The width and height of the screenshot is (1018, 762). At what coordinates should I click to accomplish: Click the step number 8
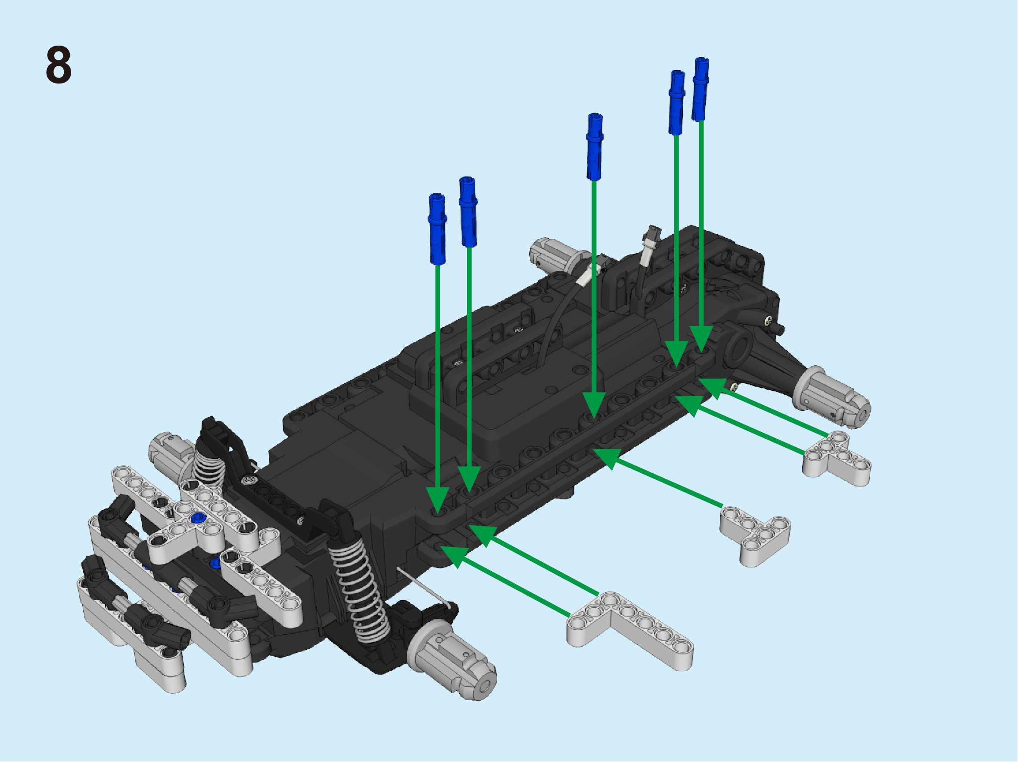pos(59,65)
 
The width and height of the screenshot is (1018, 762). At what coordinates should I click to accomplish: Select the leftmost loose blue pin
pos(437,229)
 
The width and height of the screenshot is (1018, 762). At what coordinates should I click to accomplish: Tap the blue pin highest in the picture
pos(700,89)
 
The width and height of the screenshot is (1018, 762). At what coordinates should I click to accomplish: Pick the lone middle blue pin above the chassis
pos(595,146)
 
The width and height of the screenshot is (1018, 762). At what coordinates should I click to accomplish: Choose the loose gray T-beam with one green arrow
pos(755,535)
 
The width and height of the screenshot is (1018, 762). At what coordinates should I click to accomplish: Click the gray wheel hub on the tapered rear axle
pos(831,398)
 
